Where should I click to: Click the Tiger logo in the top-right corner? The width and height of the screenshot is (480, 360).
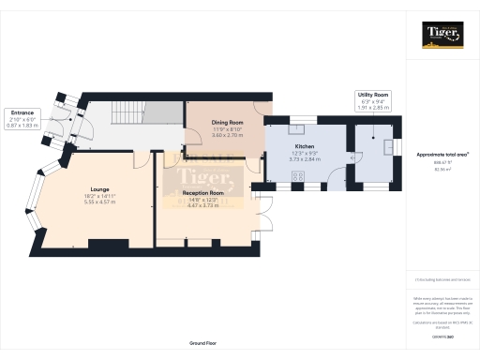[442, 35]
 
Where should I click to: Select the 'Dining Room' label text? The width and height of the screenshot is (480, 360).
[227, 123]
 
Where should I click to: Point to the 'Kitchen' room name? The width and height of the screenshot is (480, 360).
[305, 147]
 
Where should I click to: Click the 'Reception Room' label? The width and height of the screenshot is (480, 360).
[202, 192]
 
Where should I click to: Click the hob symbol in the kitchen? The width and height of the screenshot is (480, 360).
[298, 175]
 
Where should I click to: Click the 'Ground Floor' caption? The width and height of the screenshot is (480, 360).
[202, 344]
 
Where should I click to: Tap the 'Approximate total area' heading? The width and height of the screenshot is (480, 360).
[442, 154]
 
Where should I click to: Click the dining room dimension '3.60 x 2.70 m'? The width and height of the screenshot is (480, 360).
[227, 136]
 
